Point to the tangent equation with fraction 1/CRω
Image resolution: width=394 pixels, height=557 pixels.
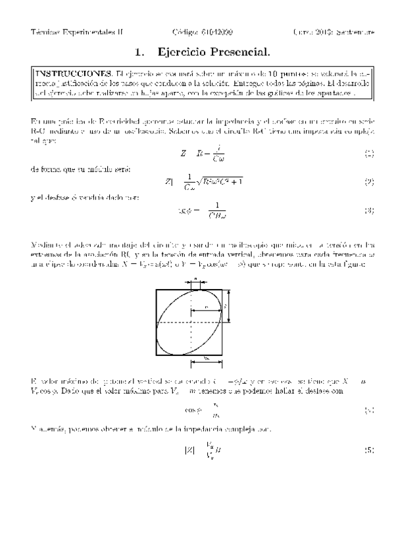pos(204,211)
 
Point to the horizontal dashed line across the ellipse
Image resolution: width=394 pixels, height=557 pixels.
pos(191,323)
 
